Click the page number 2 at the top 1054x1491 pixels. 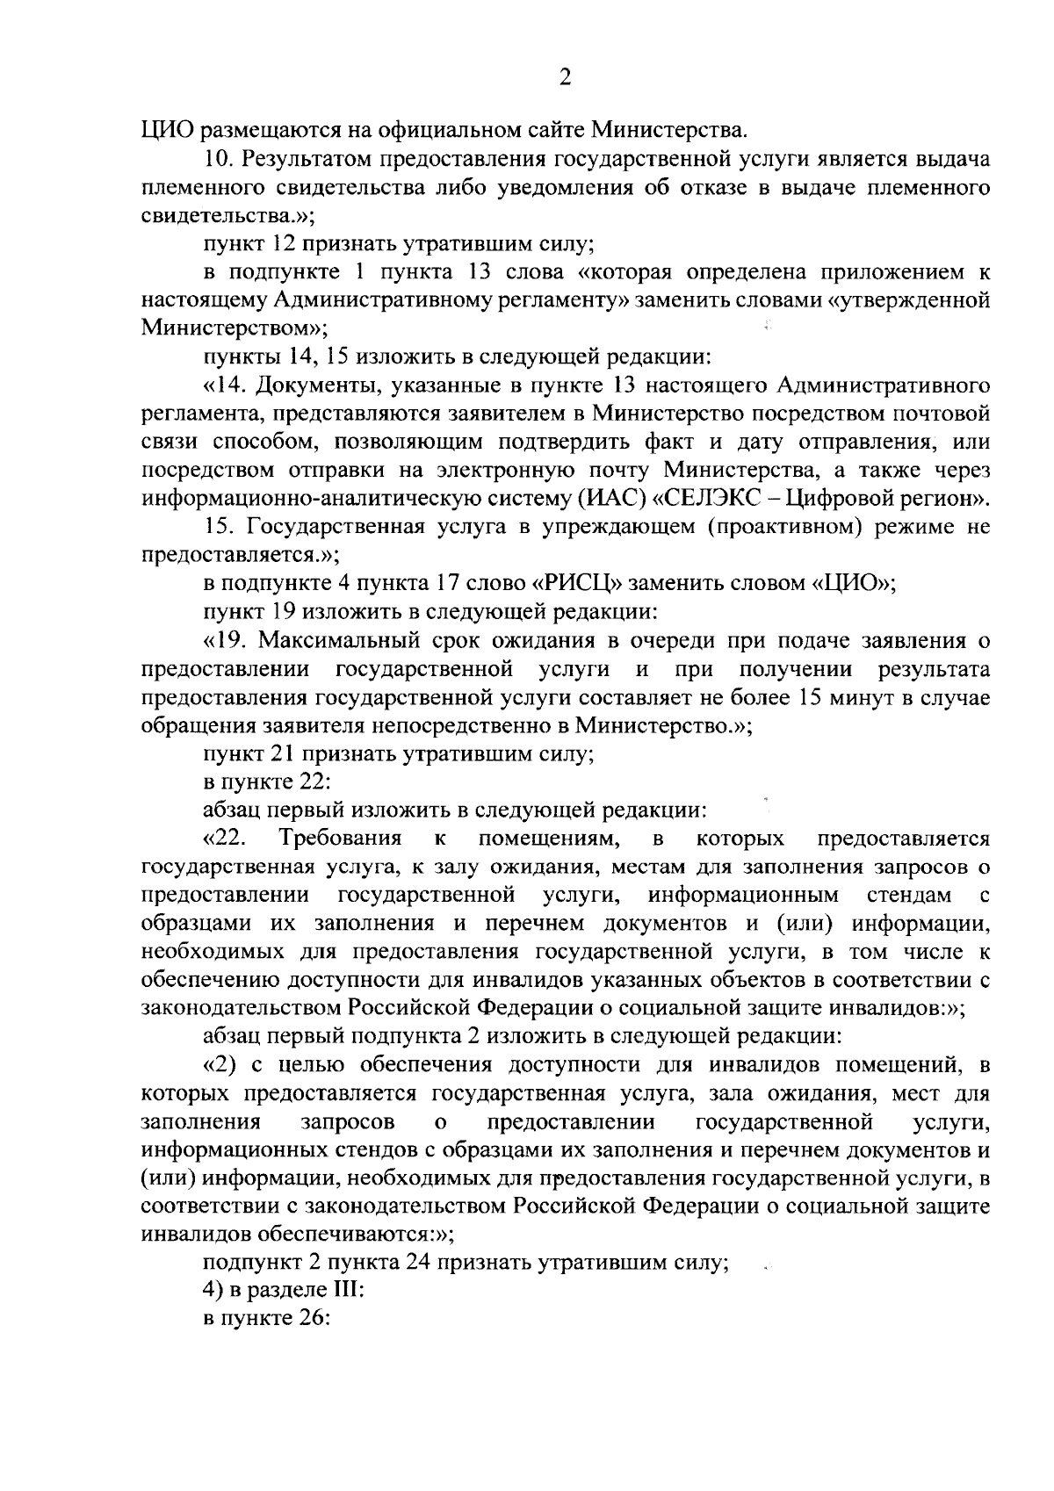(x=565, y=77)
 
